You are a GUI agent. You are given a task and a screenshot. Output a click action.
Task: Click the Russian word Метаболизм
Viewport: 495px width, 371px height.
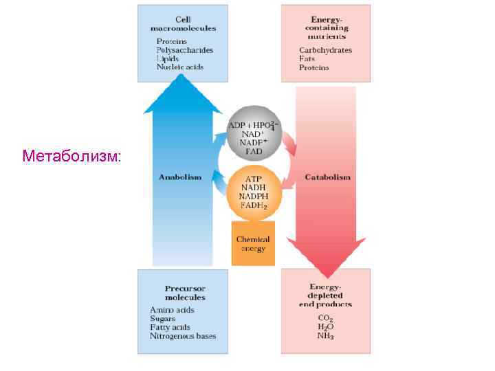(x=71, y=156)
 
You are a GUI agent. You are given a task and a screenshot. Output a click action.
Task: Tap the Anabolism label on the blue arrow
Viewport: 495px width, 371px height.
(x=180, y=177)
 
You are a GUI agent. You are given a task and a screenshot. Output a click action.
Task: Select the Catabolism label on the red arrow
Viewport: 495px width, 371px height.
(x=327, y=177)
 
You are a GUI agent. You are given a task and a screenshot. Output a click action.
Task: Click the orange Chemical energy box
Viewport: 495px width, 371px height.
(x=253, y=244)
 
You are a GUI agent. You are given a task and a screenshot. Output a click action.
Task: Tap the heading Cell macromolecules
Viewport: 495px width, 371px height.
(x=183, y=23)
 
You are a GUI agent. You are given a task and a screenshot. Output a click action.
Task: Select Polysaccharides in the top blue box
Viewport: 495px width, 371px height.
(x=184, y=50)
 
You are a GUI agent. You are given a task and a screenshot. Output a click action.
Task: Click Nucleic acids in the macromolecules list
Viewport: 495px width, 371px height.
(x=180, y=67)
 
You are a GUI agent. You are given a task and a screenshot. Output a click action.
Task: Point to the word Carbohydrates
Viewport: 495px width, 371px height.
(x=325, y=50)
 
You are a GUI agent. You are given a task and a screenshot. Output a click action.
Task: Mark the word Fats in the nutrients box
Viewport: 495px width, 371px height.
(x=307, y=59)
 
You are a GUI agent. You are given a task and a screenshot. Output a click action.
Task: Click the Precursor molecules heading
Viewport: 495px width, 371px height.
(x=185, y=293)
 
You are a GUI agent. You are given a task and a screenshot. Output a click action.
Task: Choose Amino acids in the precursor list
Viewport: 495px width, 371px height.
(x=173, y=310)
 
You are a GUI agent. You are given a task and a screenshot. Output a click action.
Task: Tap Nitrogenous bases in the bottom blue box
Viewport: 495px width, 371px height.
(x=183, y=336)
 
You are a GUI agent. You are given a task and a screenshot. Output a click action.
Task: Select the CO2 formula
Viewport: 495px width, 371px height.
(x=326, y=318)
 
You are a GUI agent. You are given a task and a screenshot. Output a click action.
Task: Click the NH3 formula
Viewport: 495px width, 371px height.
(x=326, y=336)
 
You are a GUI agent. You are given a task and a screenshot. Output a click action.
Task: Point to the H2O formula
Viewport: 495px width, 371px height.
(x=326, y=327)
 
